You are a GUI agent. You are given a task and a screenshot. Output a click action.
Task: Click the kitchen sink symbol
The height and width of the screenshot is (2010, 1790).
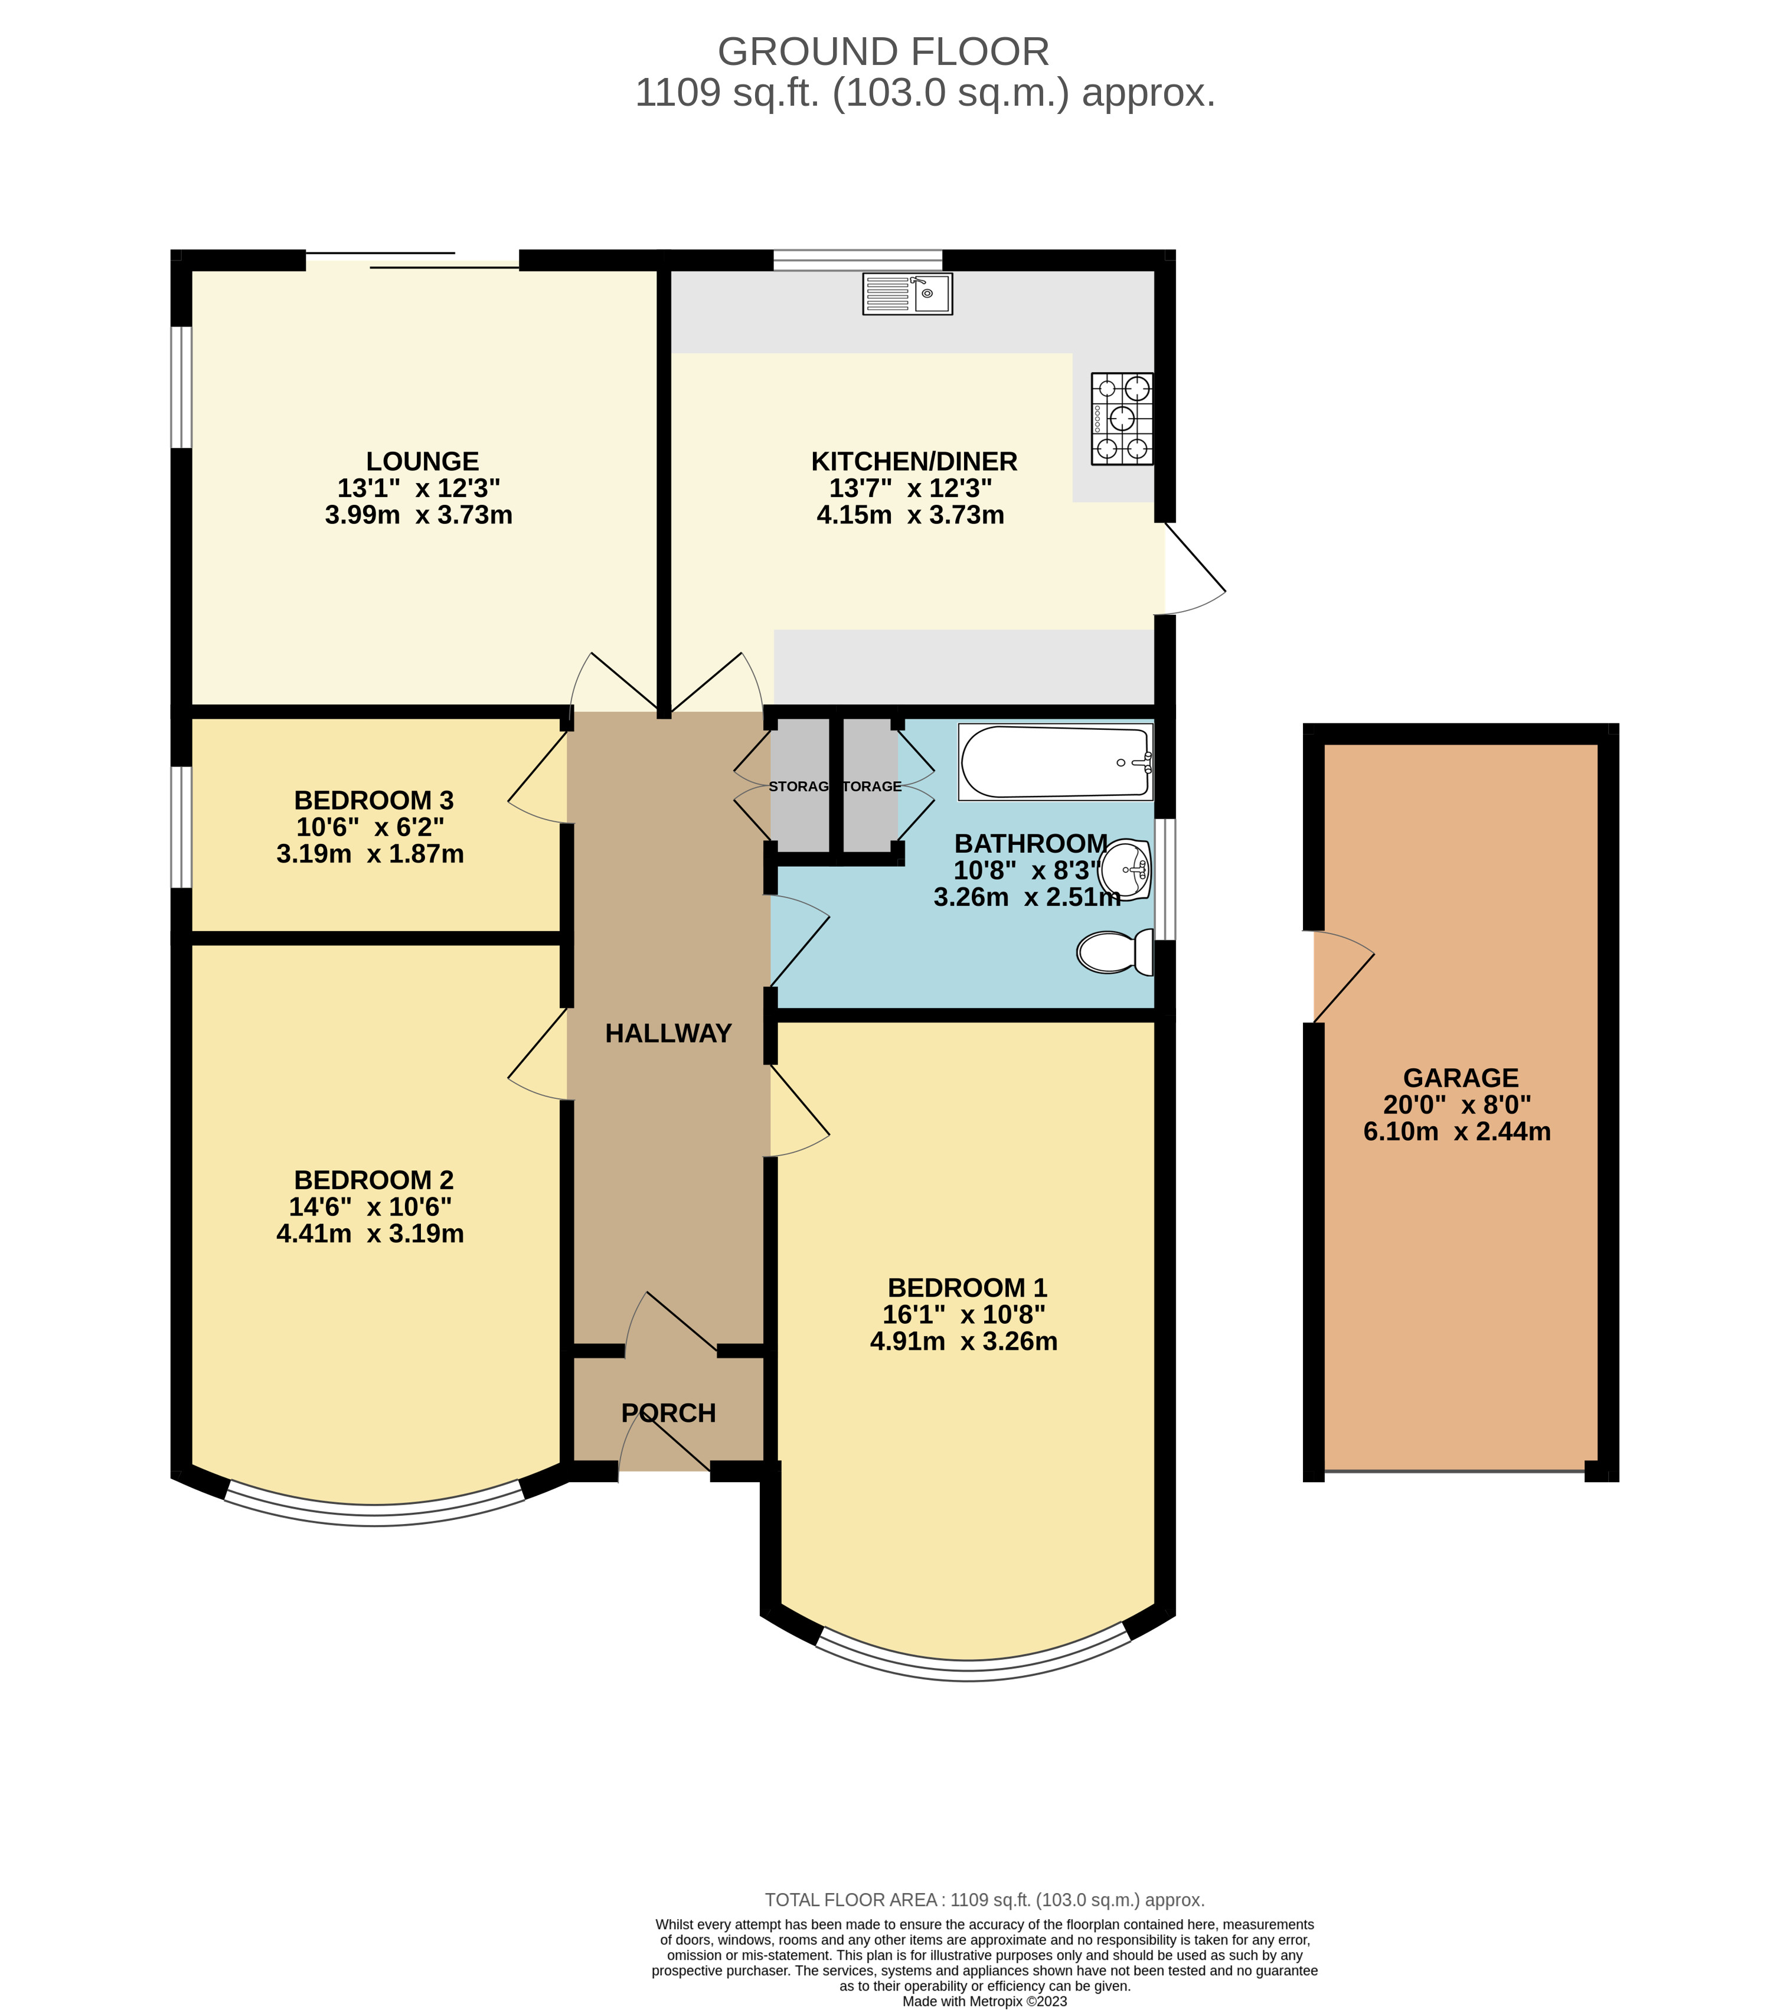[x=907, y=293]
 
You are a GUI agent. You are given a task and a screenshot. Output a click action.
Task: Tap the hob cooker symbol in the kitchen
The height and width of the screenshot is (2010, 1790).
[x=1121, y=418]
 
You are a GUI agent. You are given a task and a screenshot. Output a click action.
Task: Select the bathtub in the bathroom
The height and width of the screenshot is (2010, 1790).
[x=1054, y=762]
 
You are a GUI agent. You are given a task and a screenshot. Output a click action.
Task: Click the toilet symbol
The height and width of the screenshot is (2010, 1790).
[x=1115, y=951]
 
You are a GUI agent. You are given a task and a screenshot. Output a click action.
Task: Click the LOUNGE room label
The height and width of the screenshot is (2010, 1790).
[x=422, y=461]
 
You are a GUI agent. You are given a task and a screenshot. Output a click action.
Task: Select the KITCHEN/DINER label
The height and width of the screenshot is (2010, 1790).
[x=914, y=461]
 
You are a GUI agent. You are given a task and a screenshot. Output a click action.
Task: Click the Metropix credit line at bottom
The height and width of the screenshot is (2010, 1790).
[x=984, y=2001]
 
